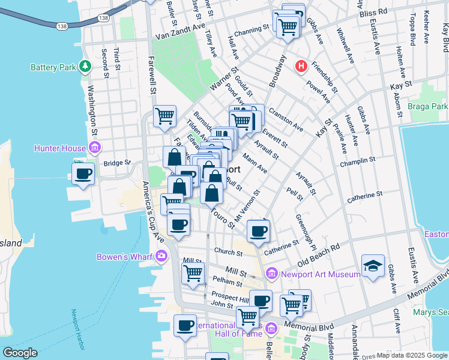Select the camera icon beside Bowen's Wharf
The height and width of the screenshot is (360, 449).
point(161,257)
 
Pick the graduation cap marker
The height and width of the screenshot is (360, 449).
point(373,266)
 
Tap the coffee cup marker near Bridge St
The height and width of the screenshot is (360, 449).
point(83,174)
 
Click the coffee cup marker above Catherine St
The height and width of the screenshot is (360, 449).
point(258,231)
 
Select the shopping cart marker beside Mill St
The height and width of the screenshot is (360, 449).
point(193,272)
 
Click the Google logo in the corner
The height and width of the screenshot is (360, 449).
point(20,352)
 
